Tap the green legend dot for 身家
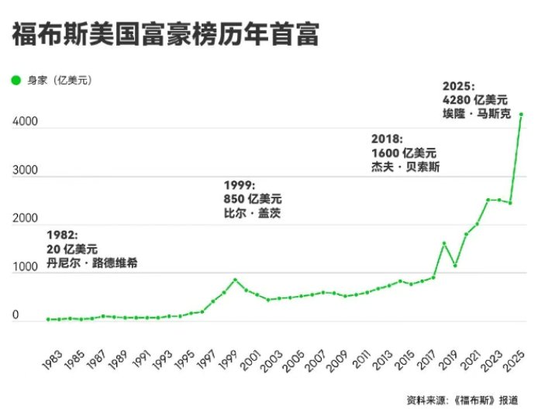pos(16,80)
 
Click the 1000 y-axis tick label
pos(26,267)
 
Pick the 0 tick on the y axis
pos(15,315)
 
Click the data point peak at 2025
pos(522,115)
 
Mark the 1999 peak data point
pos(236,280)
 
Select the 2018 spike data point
pos(444,243)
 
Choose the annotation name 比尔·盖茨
pos(252,212)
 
